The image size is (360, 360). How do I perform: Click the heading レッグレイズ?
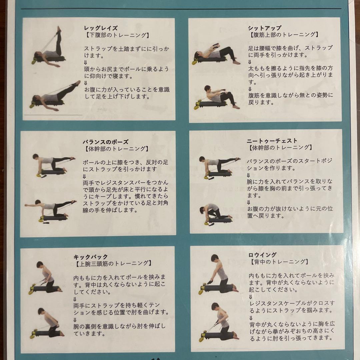coord(101,28)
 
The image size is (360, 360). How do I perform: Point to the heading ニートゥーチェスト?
coord(272,141)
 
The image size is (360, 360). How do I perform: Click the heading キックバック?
coord(91,257)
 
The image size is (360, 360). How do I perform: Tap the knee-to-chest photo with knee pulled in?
coord(215,213)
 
